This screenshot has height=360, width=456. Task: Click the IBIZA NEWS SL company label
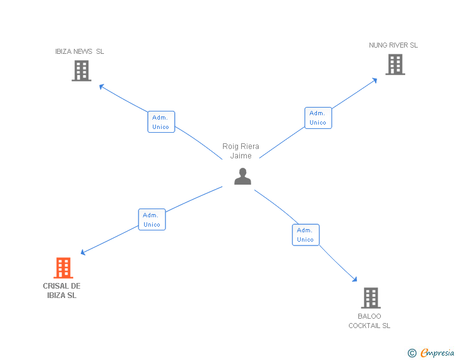pos(80,51)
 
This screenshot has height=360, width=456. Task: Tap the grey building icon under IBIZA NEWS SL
pos(81,71)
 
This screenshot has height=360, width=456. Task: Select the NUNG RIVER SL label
pos(393,45)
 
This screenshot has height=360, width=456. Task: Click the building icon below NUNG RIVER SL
pos(395,64)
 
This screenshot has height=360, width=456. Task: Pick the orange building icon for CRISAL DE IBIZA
pos(63,268)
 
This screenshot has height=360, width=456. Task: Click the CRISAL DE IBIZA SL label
pos(61,291)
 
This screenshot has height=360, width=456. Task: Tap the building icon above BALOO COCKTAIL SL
pos(371,298)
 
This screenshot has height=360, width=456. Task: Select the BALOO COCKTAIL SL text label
pos(370,321)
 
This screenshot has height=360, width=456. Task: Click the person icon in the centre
pos(242,177)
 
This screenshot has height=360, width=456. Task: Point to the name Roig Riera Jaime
pos(241,151)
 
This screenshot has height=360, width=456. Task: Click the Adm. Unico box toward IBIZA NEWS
pos(161,121)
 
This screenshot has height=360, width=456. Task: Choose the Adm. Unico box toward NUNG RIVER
pos(318,118)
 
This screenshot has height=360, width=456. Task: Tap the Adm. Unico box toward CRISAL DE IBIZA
pos(152,219)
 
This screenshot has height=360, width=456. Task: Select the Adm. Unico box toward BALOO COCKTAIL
pos(306,235)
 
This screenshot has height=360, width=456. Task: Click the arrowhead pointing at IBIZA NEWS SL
pos(102,86)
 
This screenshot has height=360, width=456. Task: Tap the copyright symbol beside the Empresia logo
pos(412,354)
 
